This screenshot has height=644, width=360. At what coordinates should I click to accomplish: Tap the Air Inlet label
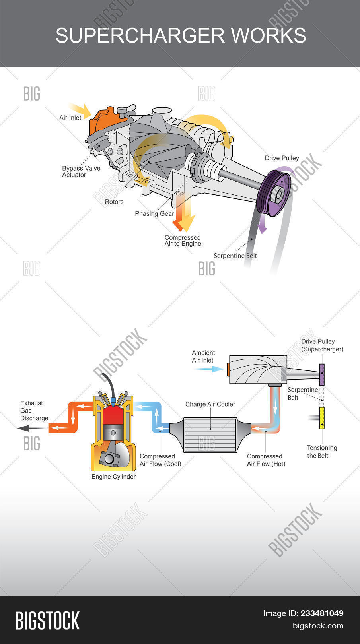(70, 118)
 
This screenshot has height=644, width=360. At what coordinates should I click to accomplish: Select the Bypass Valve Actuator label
(81, 171)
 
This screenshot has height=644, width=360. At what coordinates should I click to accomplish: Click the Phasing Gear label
(154, 213)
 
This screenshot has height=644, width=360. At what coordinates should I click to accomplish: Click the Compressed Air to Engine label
(183, 241)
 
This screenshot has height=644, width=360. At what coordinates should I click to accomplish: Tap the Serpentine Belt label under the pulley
(235, 256)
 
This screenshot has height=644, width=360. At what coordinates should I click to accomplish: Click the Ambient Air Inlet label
(203, 356)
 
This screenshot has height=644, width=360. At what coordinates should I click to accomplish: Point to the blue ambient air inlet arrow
(208, 369)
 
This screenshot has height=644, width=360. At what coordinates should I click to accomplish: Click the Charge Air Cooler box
(210, 435)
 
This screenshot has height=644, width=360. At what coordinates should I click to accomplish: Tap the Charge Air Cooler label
(210, 404)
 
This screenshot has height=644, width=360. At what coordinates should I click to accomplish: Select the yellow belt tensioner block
(322, 418)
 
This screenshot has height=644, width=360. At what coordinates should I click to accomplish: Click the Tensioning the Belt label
(322, 452)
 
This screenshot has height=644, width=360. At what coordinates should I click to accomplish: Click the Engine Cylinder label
(113, 477)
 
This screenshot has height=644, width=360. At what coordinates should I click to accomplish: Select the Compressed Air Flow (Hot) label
(266, 460)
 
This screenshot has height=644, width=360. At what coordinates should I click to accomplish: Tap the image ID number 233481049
(322, 613)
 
